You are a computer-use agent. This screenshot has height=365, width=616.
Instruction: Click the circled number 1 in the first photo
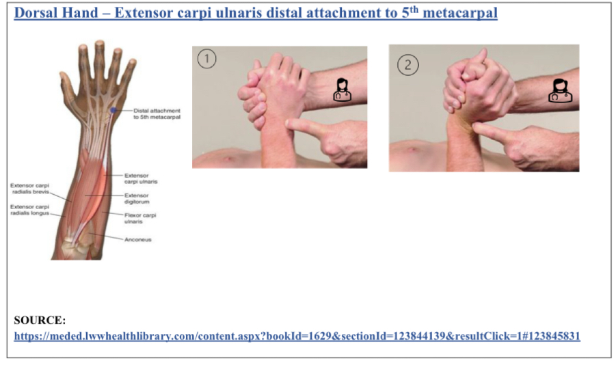click(x=206, y=59)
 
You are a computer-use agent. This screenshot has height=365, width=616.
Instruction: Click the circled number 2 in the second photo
click(x=408, y=65)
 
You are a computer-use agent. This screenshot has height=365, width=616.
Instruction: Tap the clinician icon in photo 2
click(x=559, y=91)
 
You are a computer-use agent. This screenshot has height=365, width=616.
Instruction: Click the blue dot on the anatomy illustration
click(x=113, y=110)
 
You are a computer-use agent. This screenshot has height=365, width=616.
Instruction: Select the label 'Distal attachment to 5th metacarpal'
click(x=157, y=113)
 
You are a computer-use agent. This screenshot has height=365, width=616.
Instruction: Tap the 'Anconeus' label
click(x=137, y=239)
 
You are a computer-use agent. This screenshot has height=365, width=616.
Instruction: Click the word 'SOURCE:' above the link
click(x=40, y=320)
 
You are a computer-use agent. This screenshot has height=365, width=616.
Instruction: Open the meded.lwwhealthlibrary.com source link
click(x=297, y=336)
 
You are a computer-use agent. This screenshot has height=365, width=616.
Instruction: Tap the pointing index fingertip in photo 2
click(x=477, y=127)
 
